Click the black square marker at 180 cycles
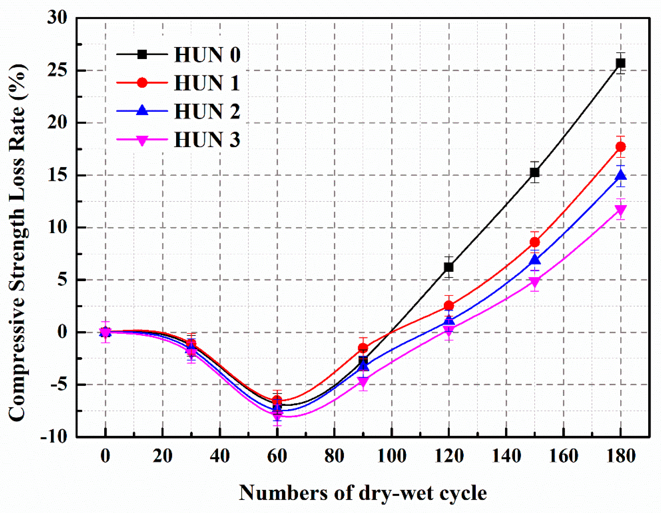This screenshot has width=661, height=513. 621,63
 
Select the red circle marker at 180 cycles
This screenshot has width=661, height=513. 621,147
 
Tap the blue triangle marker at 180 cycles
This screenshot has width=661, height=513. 621,175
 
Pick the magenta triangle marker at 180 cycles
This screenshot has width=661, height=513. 621,210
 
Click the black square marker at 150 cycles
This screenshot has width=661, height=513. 535,172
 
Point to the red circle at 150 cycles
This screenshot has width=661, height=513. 535,242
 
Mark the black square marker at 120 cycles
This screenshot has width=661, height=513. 449,267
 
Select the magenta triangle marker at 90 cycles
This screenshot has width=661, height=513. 363,381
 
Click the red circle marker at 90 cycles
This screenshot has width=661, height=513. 363,348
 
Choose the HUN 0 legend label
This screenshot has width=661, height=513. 207,55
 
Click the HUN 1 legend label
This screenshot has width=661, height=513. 207,83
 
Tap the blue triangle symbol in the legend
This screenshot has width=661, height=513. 142,110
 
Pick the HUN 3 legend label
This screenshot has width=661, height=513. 207,139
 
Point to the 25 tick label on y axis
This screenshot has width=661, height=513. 57,70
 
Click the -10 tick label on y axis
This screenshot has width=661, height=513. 54,436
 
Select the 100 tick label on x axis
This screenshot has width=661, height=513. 391,456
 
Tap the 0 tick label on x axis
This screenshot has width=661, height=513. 105,456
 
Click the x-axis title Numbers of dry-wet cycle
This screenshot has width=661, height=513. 363,493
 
